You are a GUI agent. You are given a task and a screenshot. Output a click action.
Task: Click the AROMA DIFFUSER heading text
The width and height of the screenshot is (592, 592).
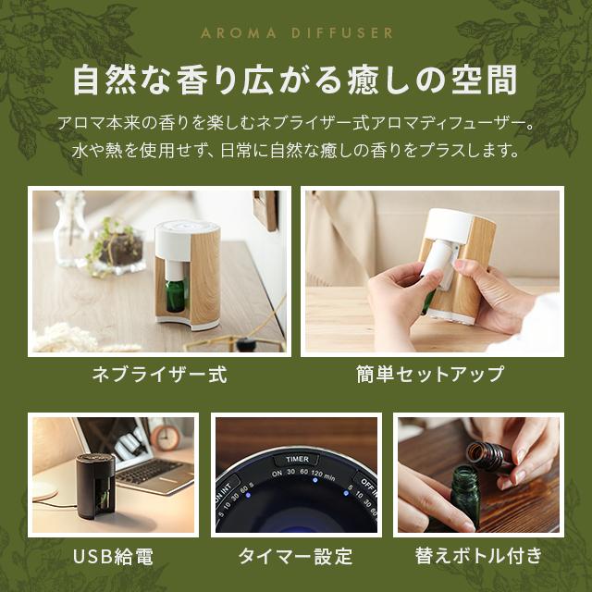coord(296,33)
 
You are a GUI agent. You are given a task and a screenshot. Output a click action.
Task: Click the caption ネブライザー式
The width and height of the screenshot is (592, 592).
coord(158,375)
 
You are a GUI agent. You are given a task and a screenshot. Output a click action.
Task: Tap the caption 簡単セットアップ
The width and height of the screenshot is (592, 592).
coord(430,375)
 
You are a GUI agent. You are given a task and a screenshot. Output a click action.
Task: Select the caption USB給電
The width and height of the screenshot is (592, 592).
coord(112,556)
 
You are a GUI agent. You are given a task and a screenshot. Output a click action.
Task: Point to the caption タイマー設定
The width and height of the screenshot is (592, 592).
coord(295,556)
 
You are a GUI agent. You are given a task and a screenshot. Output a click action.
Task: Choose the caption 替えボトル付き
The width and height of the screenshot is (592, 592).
coord(478,556)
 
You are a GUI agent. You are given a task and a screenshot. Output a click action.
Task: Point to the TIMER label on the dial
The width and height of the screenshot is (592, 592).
coord(297,458)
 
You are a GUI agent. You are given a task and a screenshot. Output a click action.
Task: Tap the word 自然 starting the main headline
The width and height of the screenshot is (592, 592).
coord(103,82)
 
